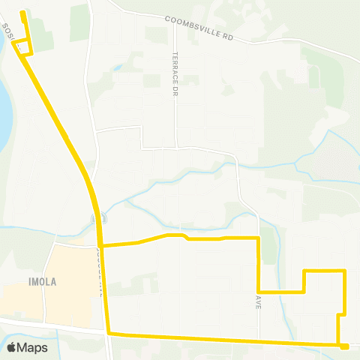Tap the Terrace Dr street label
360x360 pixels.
point(174,63)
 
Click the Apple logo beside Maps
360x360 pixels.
point(11,347)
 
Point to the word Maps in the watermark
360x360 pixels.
point(32,347)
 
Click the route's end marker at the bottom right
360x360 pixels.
point(344,346)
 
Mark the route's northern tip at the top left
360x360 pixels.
point(22,13)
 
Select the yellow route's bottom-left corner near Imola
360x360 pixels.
point(109,333)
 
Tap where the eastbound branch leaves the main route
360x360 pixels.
point(102,245)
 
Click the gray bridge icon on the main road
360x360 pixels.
point(95,218)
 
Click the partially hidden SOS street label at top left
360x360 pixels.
point(7,34)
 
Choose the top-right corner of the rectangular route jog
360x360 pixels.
point(343,270)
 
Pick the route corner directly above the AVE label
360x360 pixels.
point(258,291)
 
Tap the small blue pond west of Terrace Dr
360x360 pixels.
point(118,67)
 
